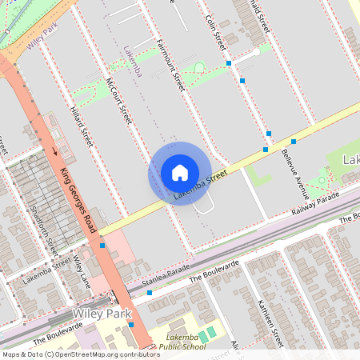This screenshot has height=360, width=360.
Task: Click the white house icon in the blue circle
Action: [x=180, y=173]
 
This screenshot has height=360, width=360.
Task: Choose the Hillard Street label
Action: [x=82, y=127]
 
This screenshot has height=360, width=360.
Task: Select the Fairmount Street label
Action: [x=170, y=63]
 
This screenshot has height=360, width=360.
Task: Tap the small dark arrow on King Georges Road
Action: [x=54, y=150]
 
